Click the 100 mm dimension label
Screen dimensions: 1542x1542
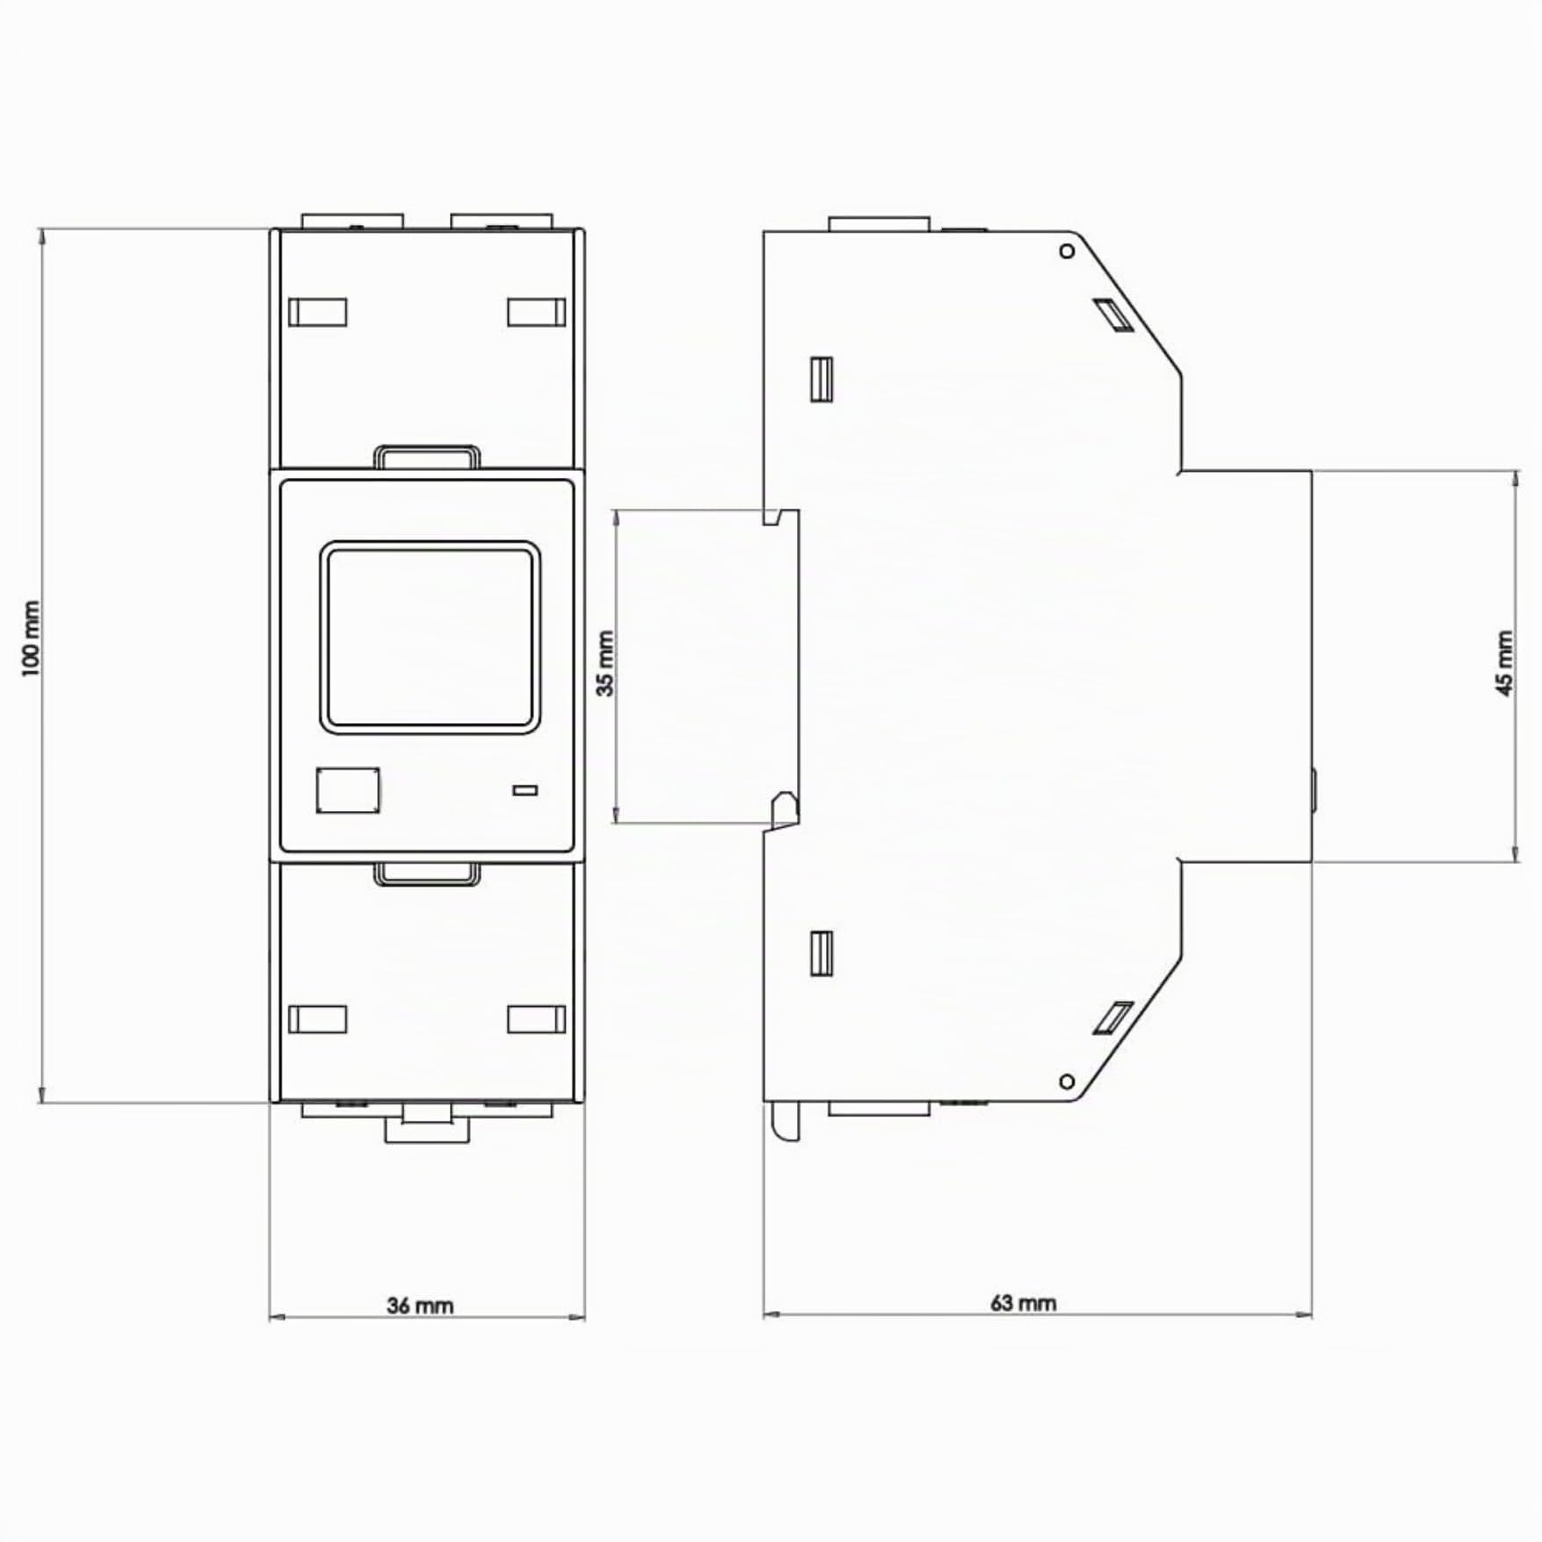[31, 639]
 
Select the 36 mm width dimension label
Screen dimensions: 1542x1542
[420, 1306]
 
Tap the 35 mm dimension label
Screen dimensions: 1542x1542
[606, 663]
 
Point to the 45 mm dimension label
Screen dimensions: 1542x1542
[1504, 663]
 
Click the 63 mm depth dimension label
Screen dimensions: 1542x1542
[1023, 1303]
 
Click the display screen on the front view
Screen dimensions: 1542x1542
[429, 637]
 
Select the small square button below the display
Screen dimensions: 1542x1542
[348, 790]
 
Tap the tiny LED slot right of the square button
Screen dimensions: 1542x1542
[525, 791]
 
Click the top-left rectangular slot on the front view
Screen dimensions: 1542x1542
[317, 312]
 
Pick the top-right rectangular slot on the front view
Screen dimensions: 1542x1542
[536, 312]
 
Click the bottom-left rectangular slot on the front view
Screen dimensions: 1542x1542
[317, 1019]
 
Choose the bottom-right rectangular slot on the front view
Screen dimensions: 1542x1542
[536, 1019]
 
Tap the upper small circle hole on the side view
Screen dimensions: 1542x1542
[1068, 251]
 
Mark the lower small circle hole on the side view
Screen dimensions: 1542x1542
[1068, 1081]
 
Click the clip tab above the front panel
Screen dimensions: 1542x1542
[427, 458]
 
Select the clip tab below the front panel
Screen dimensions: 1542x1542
[427, 873]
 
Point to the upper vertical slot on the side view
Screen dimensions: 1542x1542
[822, 379]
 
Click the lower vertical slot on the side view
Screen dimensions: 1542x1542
[822, 953]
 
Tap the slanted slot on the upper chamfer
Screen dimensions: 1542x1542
[1112, 315]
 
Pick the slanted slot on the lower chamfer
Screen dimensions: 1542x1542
[1112, 1017]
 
